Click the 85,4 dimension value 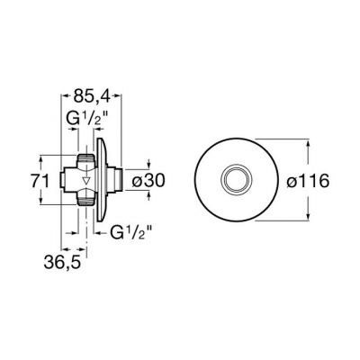(92, 96)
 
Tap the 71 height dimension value (40, 182)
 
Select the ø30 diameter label (148, 181)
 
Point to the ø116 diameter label (308, 181)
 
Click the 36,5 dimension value (62, 263)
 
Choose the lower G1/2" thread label (130, 231)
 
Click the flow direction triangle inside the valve (86, 181)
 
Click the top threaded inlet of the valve (85, 158)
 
